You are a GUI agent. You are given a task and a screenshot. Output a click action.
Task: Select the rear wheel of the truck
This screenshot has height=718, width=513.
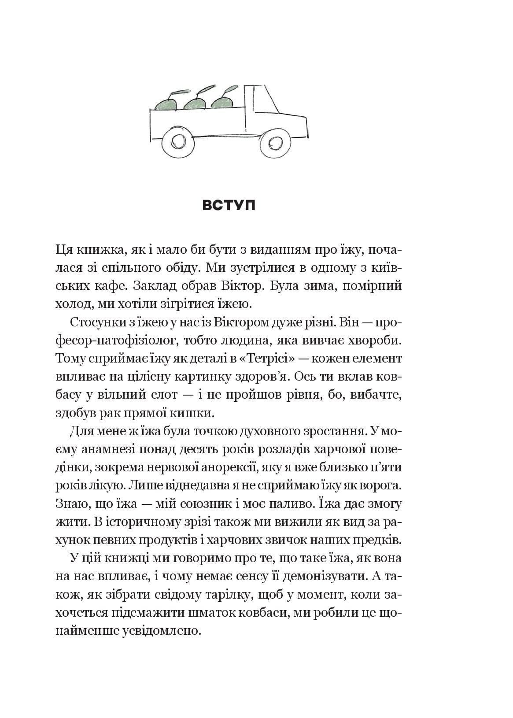pos(177,142)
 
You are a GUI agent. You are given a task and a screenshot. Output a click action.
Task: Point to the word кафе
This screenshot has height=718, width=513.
pos(106,286)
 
